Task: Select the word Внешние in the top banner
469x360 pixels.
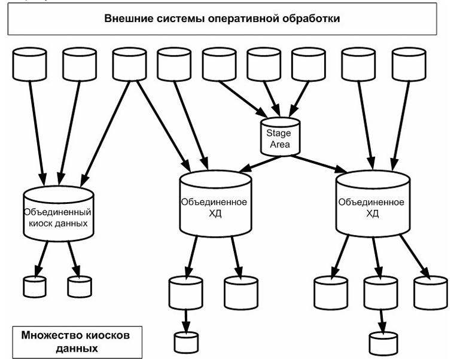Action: (x=126, y=19)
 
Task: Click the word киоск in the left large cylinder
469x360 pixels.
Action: (x=42, y=224)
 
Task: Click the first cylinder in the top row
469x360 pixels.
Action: (x=29, y=63)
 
